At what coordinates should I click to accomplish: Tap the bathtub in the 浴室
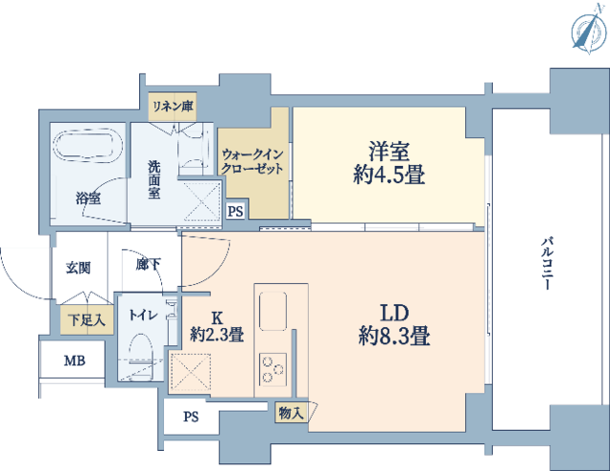click(x=88, y=145)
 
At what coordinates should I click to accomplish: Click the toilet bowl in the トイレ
click(x=141, y=352)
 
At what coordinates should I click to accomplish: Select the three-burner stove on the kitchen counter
click(x=274, y=368)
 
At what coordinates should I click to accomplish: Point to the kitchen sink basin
click(x=274, y=311)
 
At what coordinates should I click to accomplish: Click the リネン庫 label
click(x=173, y=106)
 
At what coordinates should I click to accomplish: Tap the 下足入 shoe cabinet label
click(x=87, y=320)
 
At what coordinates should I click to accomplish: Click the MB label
click(x=74, y=360)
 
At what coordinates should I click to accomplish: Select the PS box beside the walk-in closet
click(x=235, y=212)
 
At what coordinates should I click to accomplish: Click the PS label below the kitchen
click(x=191, y=417)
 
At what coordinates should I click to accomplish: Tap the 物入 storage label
click(x=291, y=413)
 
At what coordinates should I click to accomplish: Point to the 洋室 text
click(x=389, y=152)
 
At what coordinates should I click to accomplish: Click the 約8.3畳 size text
click(x=394, y=336)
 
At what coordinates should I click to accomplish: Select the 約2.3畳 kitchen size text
click(x=217, y=335)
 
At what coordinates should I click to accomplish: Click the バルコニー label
click(x=547, y=264)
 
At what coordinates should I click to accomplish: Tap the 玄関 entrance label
click(x=78, y=268)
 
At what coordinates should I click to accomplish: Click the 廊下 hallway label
click(x=148, y=265)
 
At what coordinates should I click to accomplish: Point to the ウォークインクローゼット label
click(x=252, y=162)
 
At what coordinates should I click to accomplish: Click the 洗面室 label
click(x=154, y=180)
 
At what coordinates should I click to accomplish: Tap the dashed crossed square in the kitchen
click(x=191, y=373)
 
